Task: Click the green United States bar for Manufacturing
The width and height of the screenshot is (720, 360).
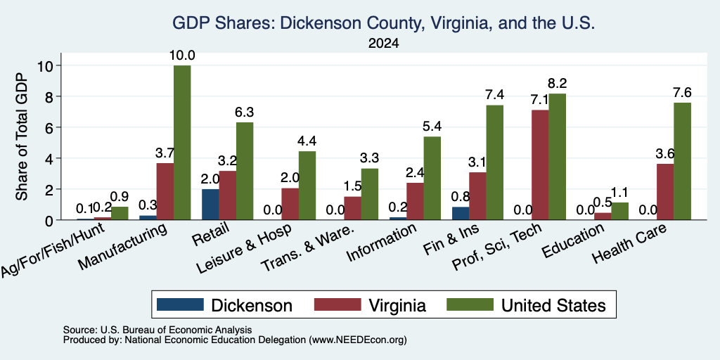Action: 182,142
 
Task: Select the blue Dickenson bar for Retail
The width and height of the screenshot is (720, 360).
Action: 210,205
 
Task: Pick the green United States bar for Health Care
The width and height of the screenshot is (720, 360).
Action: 682,161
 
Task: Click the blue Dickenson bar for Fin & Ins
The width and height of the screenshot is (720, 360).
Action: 398,214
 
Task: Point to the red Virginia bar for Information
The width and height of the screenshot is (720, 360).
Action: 415,201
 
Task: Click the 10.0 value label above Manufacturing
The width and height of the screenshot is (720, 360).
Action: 182,56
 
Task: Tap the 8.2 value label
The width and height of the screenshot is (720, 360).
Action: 558,84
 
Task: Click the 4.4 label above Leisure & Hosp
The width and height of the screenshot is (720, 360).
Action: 307,141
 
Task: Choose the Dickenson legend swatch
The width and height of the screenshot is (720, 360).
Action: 180,304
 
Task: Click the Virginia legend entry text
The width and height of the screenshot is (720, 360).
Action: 397,305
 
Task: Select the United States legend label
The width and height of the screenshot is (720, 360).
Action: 553,305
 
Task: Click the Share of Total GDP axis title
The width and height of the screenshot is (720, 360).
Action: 22,136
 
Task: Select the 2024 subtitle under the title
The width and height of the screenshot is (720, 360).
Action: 383,44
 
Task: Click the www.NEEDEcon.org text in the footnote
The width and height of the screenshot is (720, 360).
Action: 358,340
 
